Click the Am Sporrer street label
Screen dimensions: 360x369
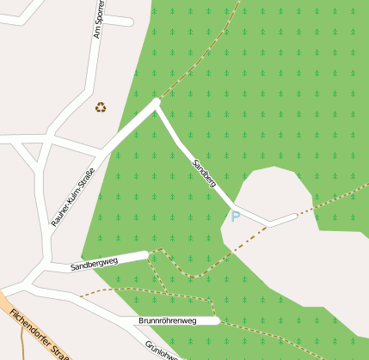[98, 19]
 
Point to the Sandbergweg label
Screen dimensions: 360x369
[94, 264]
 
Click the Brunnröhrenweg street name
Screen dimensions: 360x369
[167, 321]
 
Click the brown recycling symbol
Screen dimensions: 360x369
[101, 107]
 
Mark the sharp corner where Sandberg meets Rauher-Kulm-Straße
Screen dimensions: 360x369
[156, 103]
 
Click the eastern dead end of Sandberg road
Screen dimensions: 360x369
[295, 217]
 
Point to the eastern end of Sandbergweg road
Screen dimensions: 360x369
[146, 255]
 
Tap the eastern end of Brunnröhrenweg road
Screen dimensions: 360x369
[218, 320]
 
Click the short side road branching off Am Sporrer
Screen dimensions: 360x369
[119, 20]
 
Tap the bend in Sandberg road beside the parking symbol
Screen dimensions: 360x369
[234, 206]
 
